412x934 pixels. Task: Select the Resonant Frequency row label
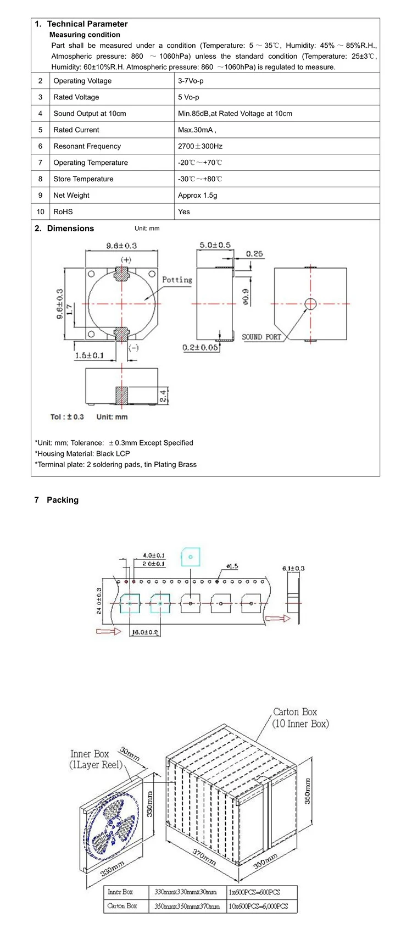(x=87, y=146)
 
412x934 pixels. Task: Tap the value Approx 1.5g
(x=197, y=195)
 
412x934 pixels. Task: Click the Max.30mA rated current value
(x=197, y=130)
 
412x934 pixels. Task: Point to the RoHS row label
(x=63, y=212)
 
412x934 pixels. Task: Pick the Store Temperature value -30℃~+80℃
(x=200, y=179)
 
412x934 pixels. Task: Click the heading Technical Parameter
(x=87, y=24)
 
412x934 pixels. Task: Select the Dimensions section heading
(x=70, y=229)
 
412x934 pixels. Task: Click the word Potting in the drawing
(x=177, y=280)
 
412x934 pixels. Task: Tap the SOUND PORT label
(x=261, y=337)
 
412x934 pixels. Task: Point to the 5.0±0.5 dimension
(x=215, y=245)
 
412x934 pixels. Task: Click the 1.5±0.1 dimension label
(x=90, y=355)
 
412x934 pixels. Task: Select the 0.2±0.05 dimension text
(x=200, y=348)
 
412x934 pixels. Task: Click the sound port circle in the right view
(x=311, y=303)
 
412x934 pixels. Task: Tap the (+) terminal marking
(x=126, y=259)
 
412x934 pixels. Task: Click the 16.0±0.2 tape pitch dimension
(x=144, y=632)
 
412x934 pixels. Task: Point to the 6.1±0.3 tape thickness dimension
(x=293, y=568)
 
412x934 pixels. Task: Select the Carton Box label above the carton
(x=295, y=712)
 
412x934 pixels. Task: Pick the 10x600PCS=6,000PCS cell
(x=258, y=906)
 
